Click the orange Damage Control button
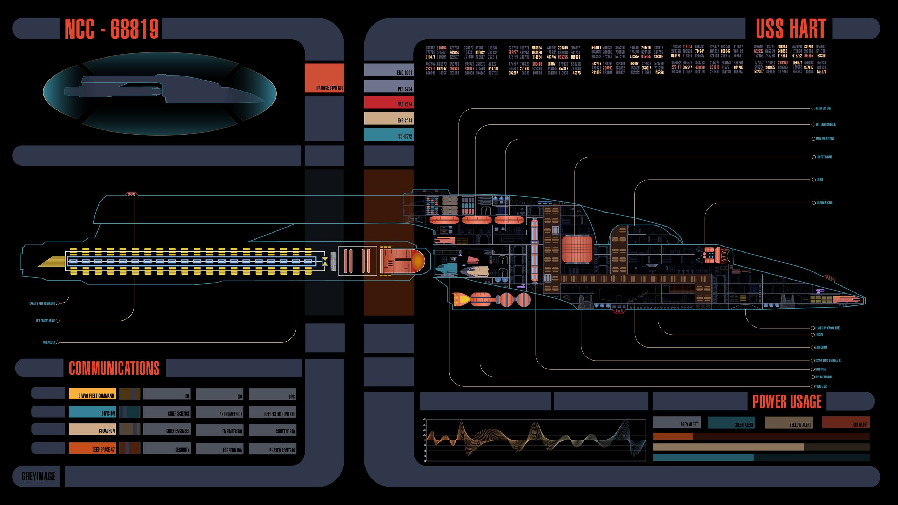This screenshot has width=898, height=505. [324, 78]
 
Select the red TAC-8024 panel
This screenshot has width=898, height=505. [389, 102]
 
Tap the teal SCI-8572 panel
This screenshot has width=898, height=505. [389, 135]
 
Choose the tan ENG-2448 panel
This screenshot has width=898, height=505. [389, 119]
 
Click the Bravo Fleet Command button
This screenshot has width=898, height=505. [92, 394]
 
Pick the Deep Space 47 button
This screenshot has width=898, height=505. [92, 448]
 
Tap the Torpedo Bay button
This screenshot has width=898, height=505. [220, 449]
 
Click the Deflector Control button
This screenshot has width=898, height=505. [273, 412]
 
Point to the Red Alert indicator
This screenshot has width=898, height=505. [846, 423]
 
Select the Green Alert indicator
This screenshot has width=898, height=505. [731, 423]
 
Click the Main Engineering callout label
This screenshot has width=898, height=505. [825, 139]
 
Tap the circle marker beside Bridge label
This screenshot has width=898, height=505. [813, 180]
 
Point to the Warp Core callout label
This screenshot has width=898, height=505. [820, 369]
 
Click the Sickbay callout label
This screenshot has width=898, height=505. [819, 335]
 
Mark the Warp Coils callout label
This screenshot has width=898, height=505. [49, 342]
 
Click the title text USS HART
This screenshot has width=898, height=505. [791, 28]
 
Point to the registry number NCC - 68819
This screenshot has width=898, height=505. [112, 28]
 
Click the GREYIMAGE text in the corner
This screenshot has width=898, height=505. [38, 477]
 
